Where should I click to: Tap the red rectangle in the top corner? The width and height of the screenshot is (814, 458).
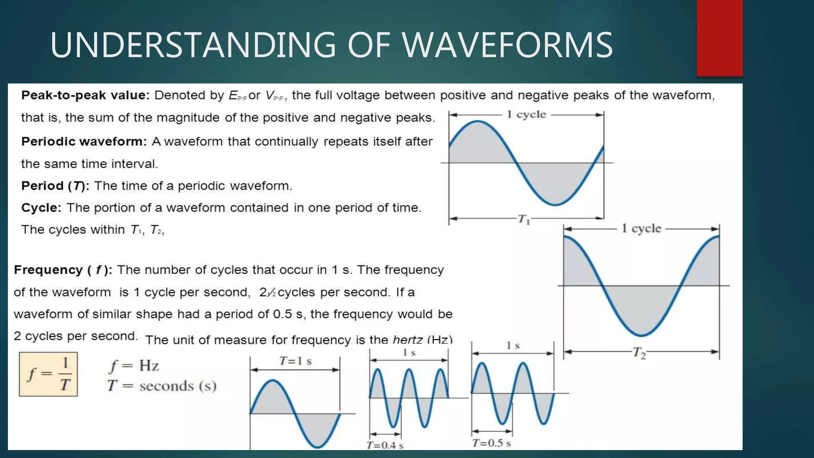tap(719, 38)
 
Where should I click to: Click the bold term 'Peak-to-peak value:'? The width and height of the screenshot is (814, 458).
tap(85, 95)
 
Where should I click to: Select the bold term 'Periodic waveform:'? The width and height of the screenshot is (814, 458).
tap(84, 142)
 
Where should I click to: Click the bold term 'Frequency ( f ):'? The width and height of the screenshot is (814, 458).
tap(63, 270)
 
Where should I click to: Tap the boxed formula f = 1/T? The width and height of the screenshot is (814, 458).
tap(48, 374)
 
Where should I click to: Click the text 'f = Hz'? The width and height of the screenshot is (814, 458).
tap(134, 365)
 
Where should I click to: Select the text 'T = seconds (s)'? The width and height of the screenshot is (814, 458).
tap(162, 386)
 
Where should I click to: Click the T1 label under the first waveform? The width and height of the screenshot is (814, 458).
tap(524, 219)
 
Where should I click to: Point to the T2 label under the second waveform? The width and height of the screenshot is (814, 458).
tap(639, 352)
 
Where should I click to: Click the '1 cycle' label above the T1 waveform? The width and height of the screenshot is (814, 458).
tap(526, 114)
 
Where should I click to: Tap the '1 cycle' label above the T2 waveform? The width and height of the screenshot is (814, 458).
tap(641, 229)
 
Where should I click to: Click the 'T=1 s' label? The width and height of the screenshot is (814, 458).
tap(295, 361)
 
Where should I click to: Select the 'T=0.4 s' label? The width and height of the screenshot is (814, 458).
tap(385, 445)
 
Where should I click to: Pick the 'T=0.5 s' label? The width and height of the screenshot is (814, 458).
tap(492, 443)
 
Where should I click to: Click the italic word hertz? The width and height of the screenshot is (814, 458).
tap(407, 340)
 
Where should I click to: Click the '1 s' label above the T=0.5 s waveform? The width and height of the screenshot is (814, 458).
tap(513, 345)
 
